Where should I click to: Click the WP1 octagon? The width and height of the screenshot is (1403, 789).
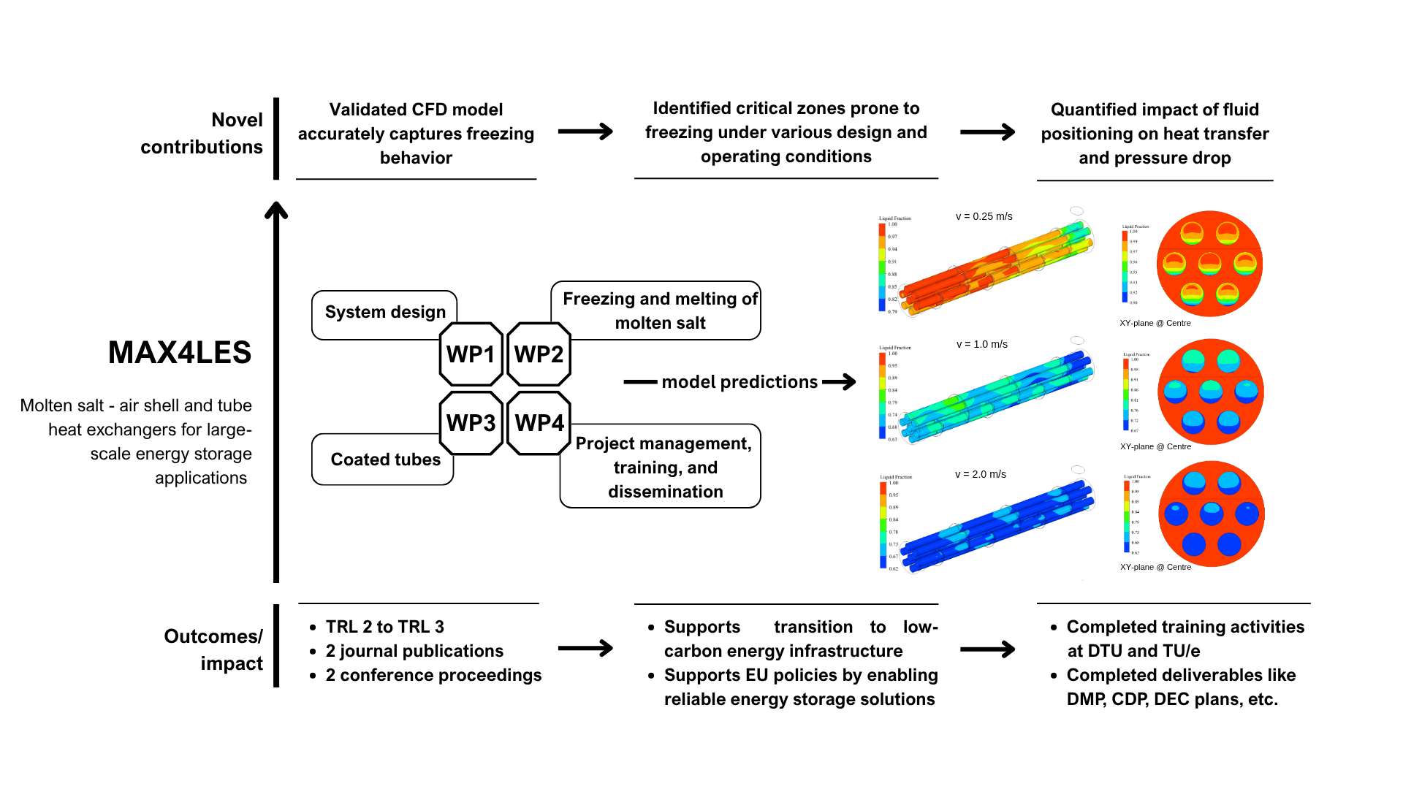click(471, 354)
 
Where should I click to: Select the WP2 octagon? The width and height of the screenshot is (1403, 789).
click(539, 354)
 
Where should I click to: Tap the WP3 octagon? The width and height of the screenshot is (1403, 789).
click(471, 423)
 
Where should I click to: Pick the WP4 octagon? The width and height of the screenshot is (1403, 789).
click(539, 423)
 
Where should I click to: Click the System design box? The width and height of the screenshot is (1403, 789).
click(384, 312)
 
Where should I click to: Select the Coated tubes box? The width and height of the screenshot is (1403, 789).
click(384, 460)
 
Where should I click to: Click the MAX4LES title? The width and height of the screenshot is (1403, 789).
click(180, 353)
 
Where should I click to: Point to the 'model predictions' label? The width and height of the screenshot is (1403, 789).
click(739, 382)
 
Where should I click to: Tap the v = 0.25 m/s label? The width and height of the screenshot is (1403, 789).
click(984, 217)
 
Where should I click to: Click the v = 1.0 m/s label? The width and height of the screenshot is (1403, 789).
click(981, 345)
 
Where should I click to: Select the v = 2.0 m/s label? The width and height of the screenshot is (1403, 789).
click(980, 475)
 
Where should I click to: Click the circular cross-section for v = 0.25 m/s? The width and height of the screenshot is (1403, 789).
click(1209, 264)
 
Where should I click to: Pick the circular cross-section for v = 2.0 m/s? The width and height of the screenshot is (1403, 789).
click(1211, 514)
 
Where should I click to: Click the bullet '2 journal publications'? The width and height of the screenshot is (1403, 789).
click(414, 651)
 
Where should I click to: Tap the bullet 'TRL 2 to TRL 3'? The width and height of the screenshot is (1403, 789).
click(384, 627)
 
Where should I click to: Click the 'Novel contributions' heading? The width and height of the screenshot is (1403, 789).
click(202, 134)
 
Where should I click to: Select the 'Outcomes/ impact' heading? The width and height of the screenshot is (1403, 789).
click(213, 649)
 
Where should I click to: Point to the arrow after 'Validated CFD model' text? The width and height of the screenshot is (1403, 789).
click(585, 131)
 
